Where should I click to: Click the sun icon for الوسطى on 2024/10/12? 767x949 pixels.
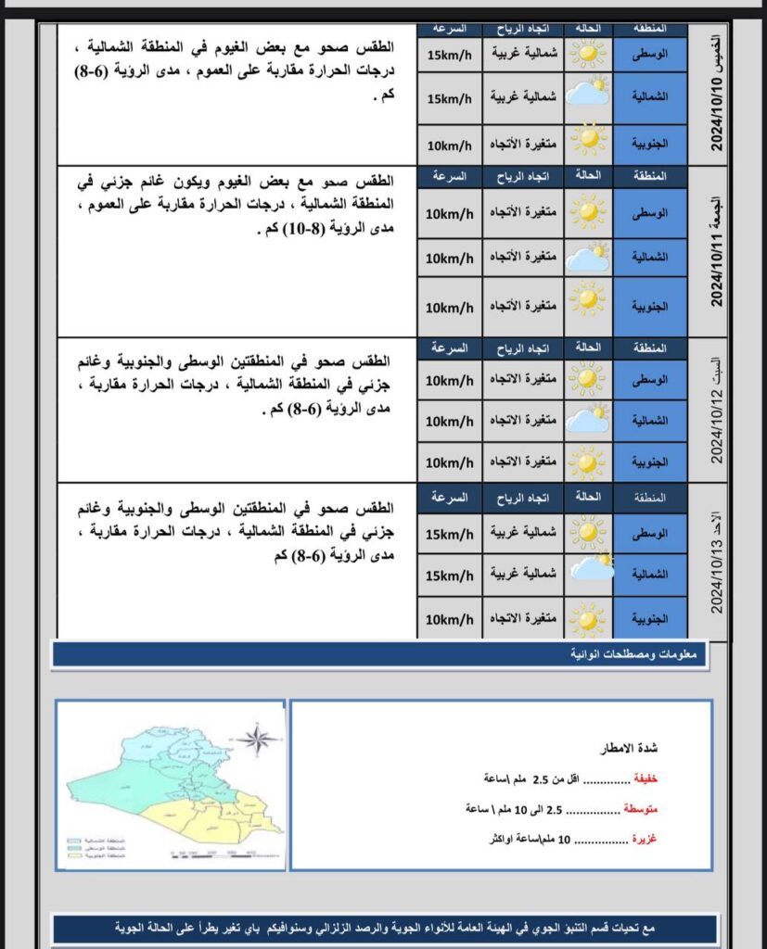pyautogui.click(x=586, y=378)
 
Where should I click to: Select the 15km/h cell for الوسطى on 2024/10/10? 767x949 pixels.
pyautogui.click(x=449, y=55)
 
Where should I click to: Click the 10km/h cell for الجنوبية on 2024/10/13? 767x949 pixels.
pyautogui.click(x=449, y=617)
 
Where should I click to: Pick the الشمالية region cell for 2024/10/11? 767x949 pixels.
pyautogui.click(x=649, y=258)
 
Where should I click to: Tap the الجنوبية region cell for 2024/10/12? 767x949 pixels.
pyautogui.click(x=649, y=461)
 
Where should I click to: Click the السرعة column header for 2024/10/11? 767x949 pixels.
pyautogui.click(x=449, y=175)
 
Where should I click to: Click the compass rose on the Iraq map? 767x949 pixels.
pyautogui.click(x=258, y=738)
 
